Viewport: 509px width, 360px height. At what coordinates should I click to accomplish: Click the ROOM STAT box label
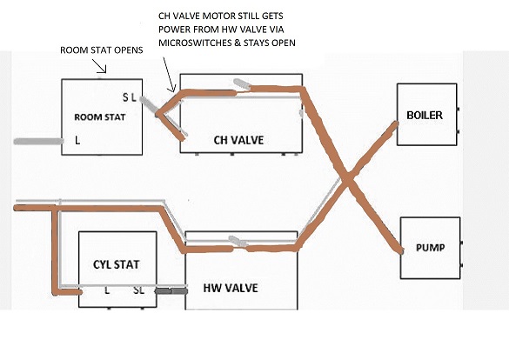click(100, 117)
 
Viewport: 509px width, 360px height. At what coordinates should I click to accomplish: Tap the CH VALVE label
click(238, 140)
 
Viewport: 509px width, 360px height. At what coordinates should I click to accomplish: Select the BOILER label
click(425, 115)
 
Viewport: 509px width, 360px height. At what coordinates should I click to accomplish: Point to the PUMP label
click(430, 248)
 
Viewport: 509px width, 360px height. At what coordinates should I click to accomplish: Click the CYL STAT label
click(117, 264)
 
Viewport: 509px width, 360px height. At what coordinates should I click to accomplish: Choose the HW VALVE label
click(231, 288)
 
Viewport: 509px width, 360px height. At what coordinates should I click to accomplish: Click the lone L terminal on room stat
click(77, 140)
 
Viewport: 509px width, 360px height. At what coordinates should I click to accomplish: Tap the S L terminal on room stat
click(129, 97)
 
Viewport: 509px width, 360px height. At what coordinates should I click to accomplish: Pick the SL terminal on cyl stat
click(138, 290)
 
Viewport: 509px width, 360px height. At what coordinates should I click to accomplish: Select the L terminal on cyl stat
click(107, 290)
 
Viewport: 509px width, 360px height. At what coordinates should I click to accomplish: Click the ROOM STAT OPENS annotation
click(102, 50)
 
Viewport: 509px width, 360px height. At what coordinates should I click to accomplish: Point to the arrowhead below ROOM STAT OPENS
click(104, 70)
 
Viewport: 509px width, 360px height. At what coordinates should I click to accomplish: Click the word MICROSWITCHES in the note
click(194, 43)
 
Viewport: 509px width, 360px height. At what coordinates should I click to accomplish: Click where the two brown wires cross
click(347, 178)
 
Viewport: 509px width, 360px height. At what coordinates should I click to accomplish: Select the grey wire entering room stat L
click(38, 141)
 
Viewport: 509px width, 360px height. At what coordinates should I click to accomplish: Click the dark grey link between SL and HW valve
click(171, 291)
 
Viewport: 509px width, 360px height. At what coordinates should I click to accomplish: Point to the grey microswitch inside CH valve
click(242, 83)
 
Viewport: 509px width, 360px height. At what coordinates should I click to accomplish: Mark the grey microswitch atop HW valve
click(238, 241)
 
